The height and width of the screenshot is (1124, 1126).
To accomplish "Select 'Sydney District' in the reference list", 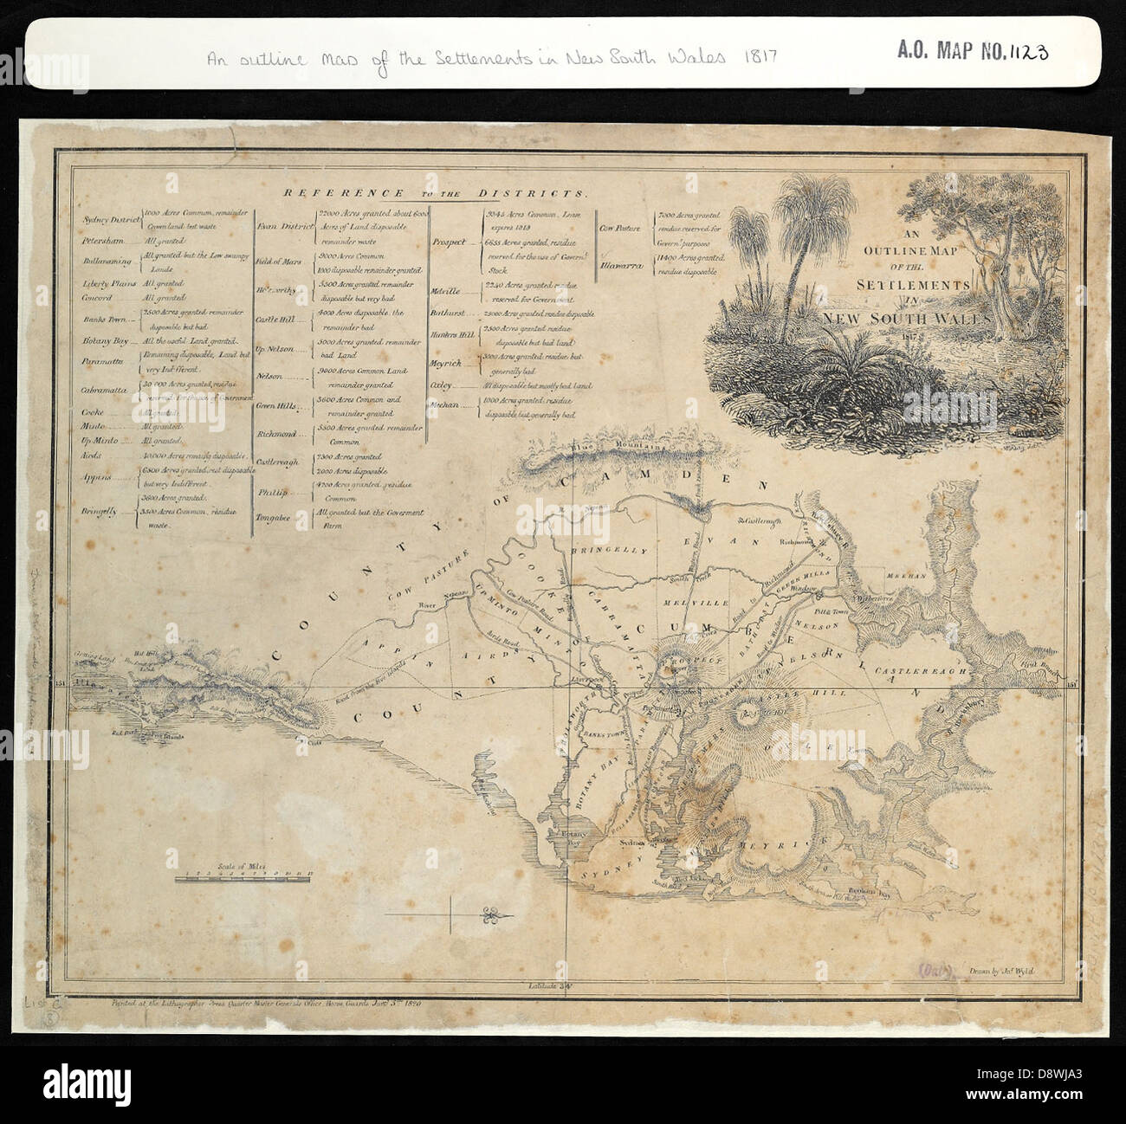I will (109, 220).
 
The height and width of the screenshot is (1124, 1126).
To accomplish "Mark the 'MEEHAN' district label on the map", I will (905, 573).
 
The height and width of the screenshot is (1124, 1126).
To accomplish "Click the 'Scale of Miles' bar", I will (243, 878).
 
